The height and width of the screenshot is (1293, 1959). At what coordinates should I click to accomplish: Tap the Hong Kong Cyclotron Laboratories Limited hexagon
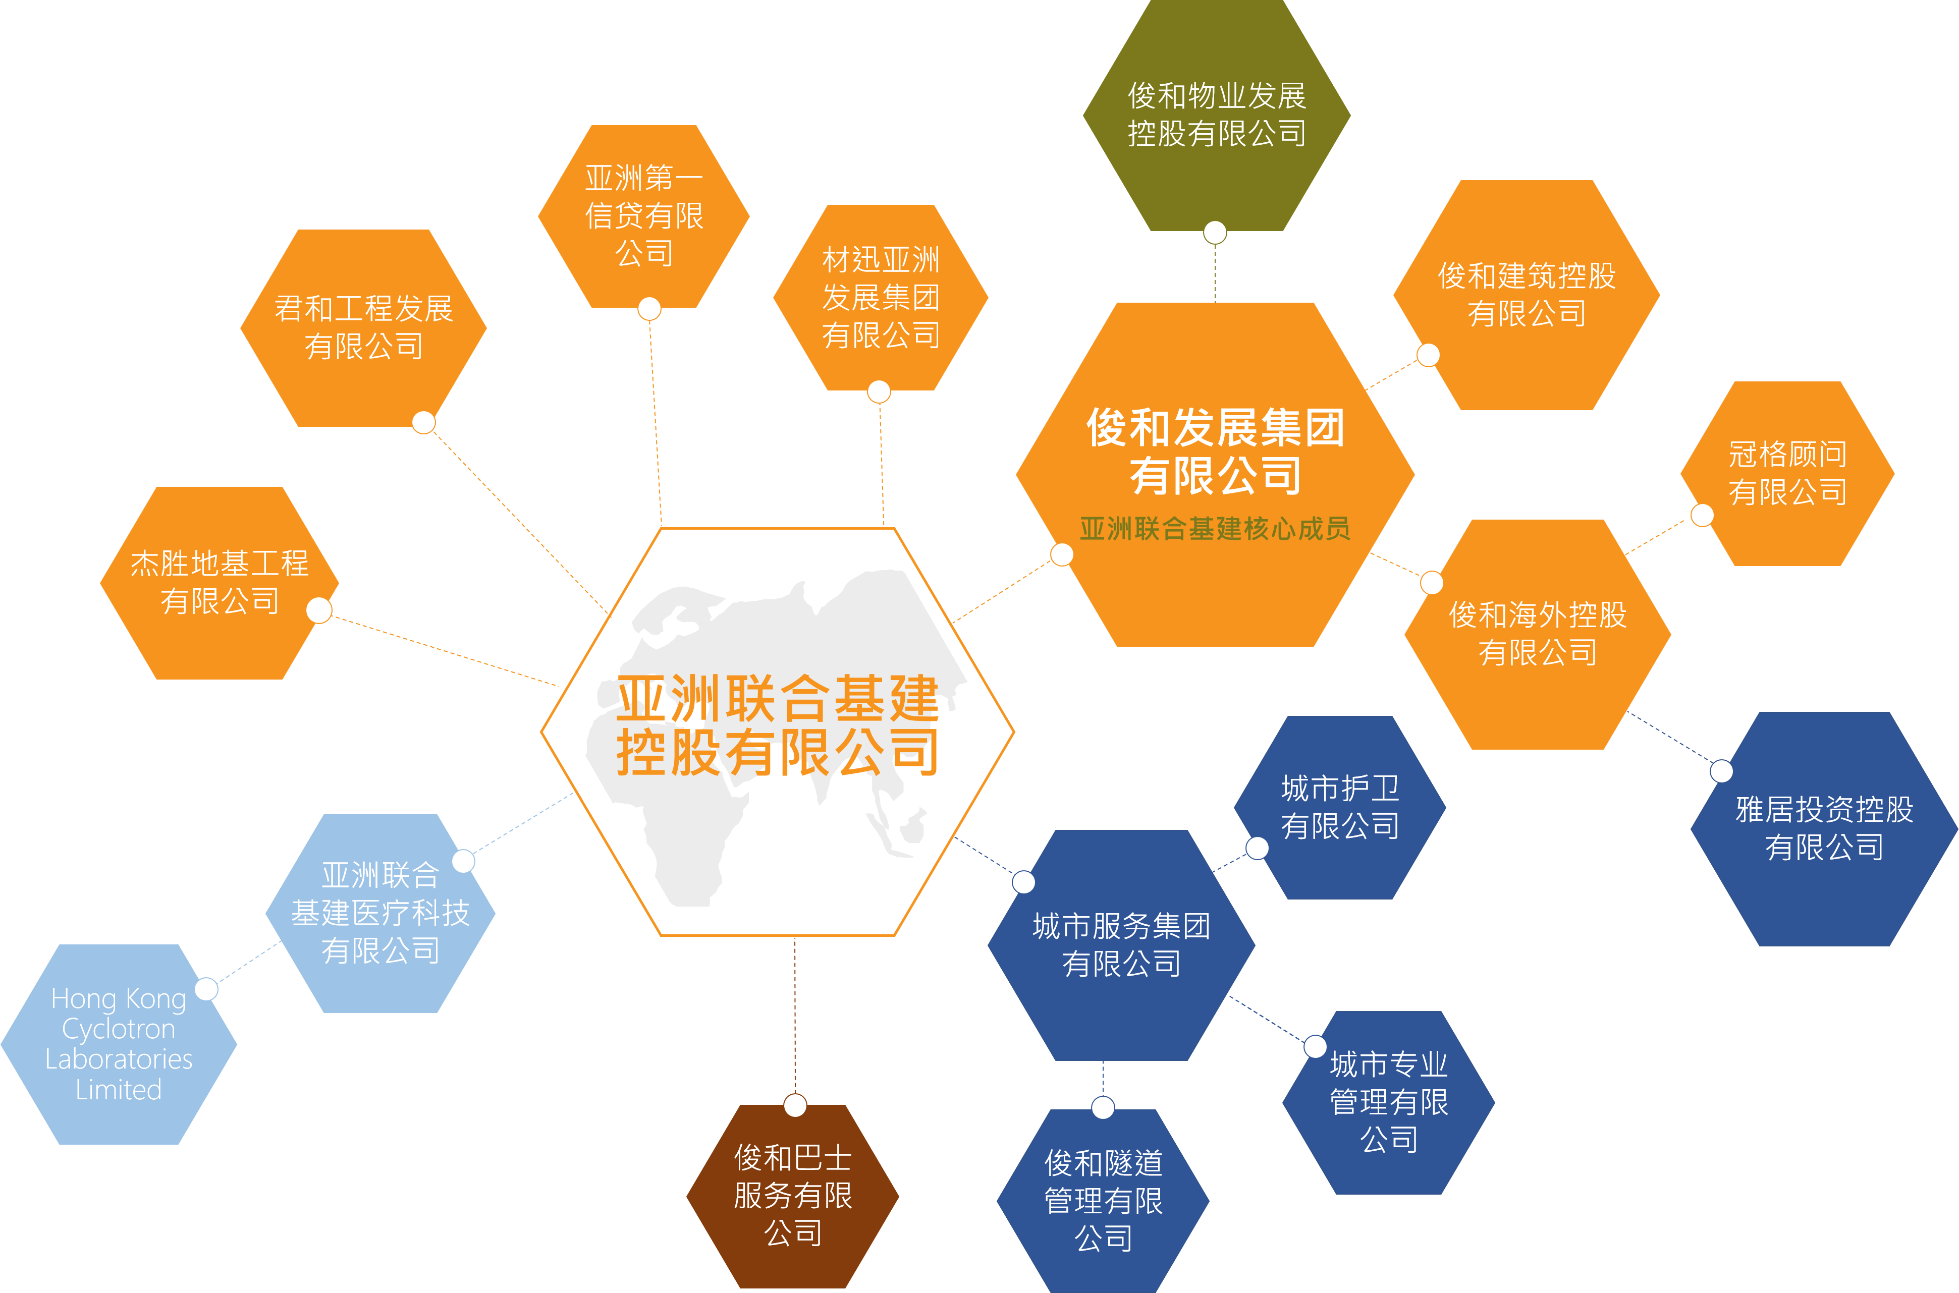click(119, 1044)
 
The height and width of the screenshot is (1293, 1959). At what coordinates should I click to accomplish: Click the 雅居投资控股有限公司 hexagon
click(1824, 828)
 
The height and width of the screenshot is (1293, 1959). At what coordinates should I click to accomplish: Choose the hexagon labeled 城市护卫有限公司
click(1339, 807)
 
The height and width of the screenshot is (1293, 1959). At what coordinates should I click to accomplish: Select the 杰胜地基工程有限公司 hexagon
click(220, 582)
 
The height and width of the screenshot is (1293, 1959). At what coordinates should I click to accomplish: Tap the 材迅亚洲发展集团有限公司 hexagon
click(880, 297)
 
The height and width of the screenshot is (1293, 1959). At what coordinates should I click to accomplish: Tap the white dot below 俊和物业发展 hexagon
click(1215, 233)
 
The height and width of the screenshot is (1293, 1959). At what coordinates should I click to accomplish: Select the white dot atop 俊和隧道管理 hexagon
click(1103, 1107)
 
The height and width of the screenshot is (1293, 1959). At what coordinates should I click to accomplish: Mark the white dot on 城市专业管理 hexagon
click(1315, 1046)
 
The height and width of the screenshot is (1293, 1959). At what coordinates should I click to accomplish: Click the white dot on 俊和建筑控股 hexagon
click(1428, 355)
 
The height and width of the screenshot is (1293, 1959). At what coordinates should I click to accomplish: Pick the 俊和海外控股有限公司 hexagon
click(1538, 633)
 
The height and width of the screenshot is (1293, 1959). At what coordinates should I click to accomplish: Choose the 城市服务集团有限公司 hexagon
click(1121, 945)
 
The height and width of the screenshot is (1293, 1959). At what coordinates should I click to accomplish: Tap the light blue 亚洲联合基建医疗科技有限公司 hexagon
click(380, 913)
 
